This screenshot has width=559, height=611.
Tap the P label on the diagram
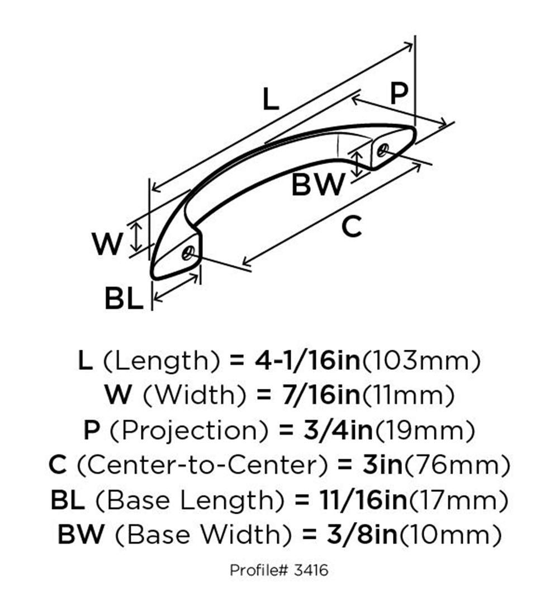pyautogui.click(x=399, y=93)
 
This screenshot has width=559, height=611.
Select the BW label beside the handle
pyautogui.click(x=318, y=184)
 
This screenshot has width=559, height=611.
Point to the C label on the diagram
pyautogui.click(x=352, y=227)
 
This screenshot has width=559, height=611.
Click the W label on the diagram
pyautogui.click(x=108, y=243)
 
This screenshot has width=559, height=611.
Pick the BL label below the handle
pyautogui.click(x=124, y=298)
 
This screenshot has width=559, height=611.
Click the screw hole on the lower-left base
pyautogui.click(x=188, y=253)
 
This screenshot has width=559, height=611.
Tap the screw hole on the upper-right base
pyautogui.click(x=383, y=150)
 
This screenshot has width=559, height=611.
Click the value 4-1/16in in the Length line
pyautogui.click(x=307, y=360)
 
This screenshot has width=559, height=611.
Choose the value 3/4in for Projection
pyautogui.click(x=338, y=430)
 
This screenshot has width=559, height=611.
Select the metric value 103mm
pyautogui.click(x=421, y=361)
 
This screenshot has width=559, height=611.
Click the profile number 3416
pyautogui.click(x=311, y=570)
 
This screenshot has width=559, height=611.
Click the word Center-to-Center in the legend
pyautogui.click(x=202, y=465)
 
